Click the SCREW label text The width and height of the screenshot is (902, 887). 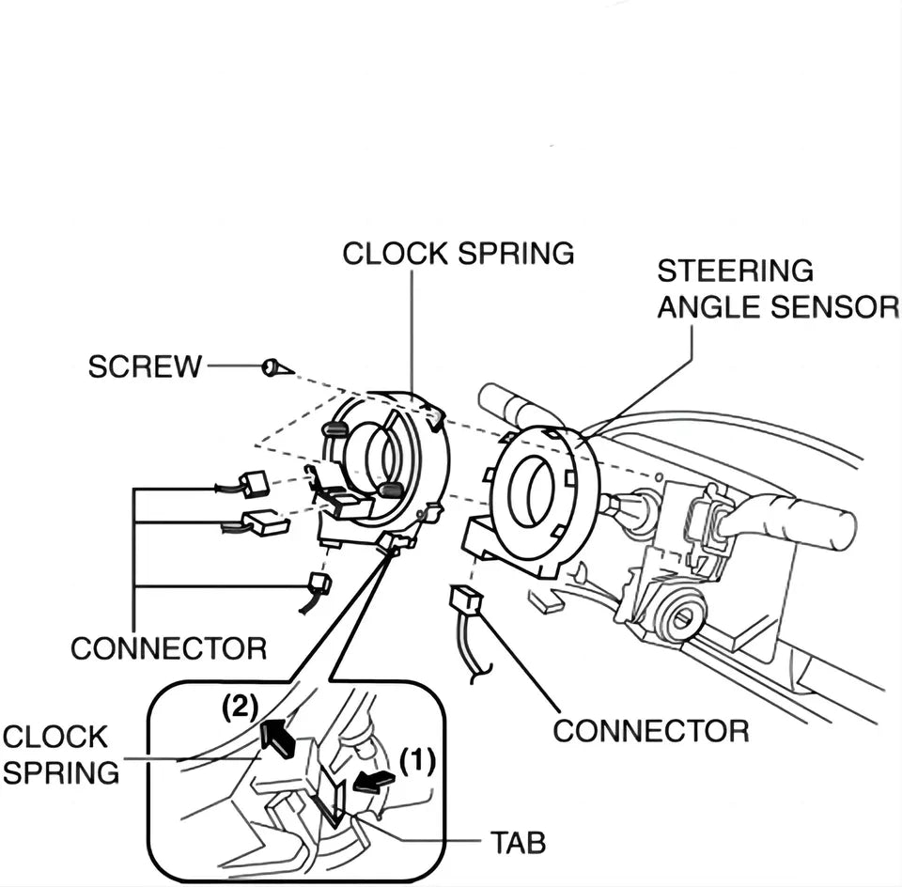click(x=145, y=366)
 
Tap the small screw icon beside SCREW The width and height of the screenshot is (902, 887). click(x=272, y=367)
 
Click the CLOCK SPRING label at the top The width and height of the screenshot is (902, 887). click(x=458, y=254)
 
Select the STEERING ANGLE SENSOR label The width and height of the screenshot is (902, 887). click(x=777, y=288)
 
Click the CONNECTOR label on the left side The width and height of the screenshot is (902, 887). click(x=168, y=648)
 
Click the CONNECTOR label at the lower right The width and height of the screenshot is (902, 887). click(x=650, y=730)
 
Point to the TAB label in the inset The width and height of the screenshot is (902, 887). click(x=516, y=843)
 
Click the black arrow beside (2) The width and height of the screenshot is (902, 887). click(x=278, y=738)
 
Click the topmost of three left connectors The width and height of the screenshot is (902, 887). click(x=254, y=484)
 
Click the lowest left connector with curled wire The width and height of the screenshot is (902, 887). click(x=319, y=584)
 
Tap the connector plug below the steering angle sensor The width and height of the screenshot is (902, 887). click(x=467, y=600)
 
